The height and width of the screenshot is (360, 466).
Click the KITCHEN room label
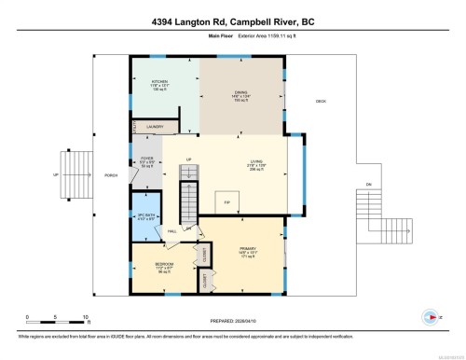[x=158, y=82]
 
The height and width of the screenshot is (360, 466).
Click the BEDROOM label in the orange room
[x=164, y=264]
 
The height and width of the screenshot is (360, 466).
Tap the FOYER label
[x=146, y=159]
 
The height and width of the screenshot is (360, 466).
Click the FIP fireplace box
[x=228, y=200]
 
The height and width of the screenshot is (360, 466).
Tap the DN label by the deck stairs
[x=368, y=185]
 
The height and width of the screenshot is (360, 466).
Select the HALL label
[x=172, y=231]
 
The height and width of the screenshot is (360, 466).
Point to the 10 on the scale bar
[x=86, y=318]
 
